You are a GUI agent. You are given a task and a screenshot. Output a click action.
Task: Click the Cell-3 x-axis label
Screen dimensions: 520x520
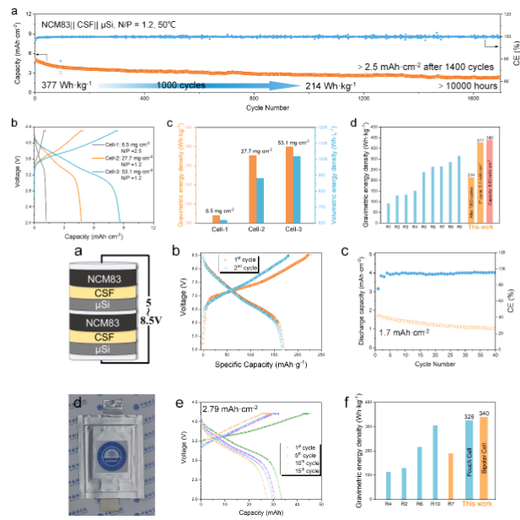tap(293, 230)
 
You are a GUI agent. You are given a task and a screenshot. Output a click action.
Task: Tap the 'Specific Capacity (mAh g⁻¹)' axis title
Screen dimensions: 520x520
tap(255, 368)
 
